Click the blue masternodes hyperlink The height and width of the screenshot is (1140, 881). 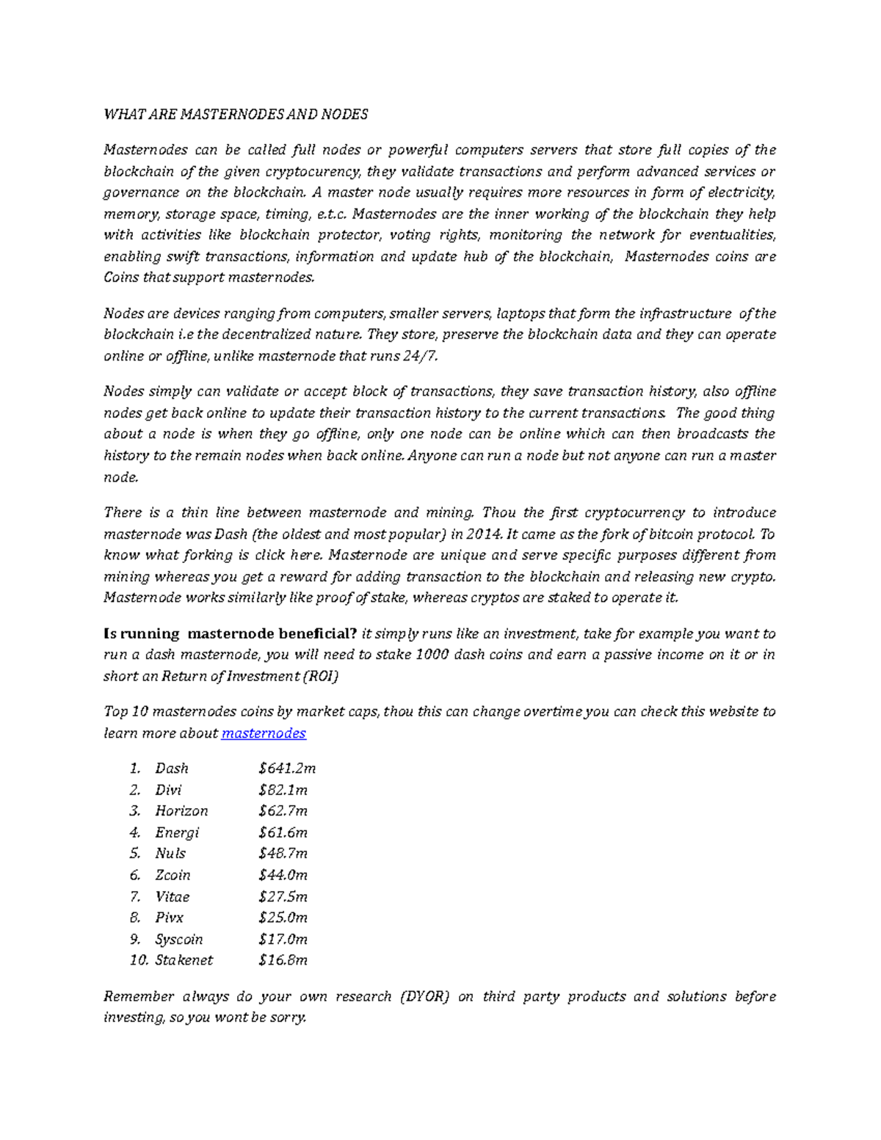pos(264,733)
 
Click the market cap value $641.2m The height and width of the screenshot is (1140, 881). pos(287,769)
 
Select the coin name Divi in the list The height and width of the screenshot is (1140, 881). pos(168,790)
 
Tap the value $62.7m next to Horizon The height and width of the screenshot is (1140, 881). pos(283,811)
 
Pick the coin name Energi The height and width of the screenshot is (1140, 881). pos(177,832)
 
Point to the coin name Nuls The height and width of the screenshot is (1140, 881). pos(170,854)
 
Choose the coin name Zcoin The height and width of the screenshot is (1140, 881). pos(173,875)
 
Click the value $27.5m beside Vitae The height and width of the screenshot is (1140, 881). pos(283,896)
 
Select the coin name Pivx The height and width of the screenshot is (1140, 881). pos(170,918)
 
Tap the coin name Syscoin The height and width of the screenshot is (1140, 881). pos(179,939)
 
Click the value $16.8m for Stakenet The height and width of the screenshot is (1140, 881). pos(283,960)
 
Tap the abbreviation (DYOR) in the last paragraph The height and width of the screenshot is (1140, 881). pos(424,996)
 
